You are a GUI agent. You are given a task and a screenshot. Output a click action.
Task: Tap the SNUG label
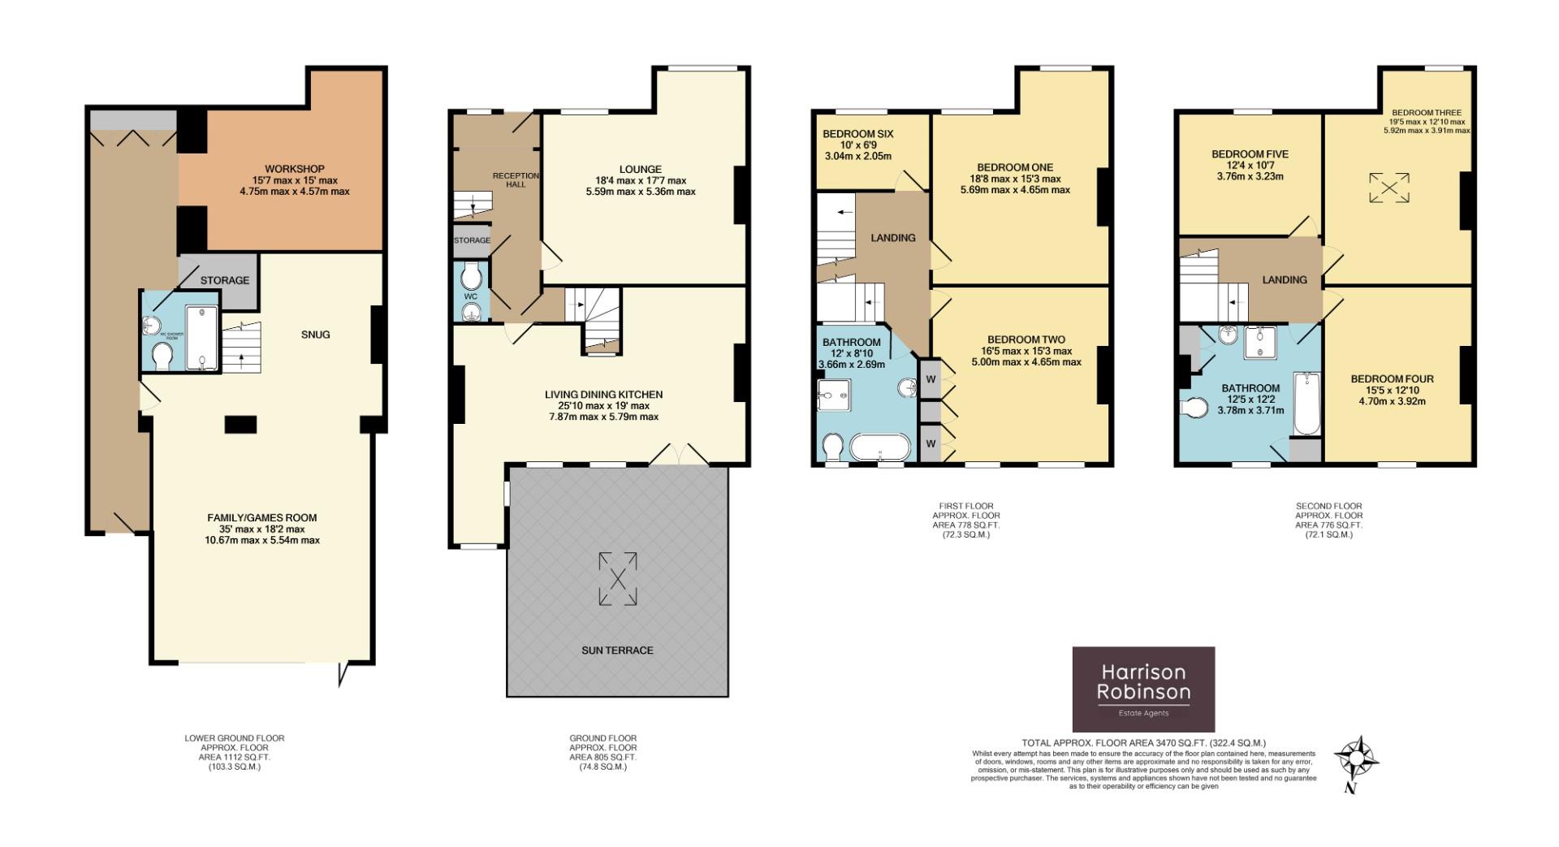315,335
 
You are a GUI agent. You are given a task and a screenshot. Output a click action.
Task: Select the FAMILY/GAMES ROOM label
261,517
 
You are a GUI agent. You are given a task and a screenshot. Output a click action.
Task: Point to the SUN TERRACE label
617,650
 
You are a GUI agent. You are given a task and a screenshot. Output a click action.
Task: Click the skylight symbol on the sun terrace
618,579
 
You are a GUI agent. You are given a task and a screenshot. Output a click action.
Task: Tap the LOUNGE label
640,170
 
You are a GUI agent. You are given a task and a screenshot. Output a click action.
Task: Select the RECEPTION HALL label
516,180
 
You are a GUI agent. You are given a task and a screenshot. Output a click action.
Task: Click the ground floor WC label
470,296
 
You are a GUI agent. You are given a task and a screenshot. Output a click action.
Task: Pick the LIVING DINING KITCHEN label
603,395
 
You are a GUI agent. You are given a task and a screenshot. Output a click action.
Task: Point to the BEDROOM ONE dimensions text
1019,184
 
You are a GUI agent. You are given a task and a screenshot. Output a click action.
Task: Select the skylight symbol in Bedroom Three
1389,188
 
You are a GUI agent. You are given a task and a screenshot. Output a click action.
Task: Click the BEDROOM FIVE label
1250,154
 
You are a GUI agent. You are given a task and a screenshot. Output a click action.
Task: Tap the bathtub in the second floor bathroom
1306,404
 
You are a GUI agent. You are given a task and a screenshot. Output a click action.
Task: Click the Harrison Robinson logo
1143,689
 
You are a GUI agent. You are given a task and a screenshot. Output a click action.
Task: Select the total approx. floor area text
1143,743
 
